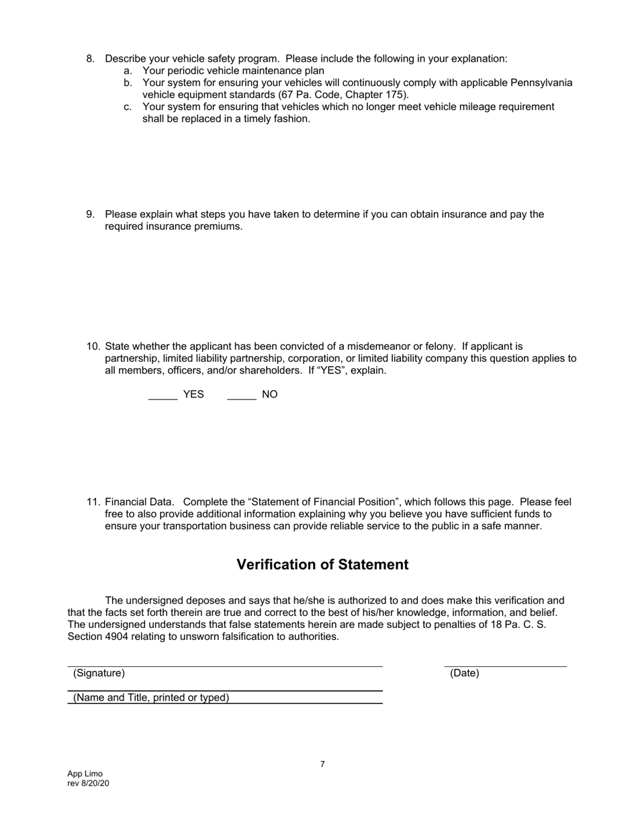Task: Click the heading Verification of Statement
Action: (x=322, y=565)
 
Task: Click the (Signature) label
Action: (x=99, y=673)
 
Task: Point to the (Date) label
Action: (x=464, y=673)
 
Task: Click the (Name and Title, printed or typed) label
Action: (x=151, y=697)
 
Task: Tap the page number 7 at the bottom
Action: (x=322, y=764)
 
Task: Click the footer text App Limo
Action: (x=85, y=774)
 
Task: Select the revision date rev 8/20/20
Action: (x=88, y=783)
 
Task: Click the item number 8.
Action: (x=91, y=58)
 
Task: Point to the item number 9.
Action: (x=91, y=214)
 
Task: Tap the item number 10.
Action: (x=93, y=347)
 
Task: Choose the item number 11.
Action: (x=93, y=502)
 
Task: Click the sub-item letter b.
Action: (x=128, y=83)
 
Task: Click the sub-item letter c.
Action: (x=128, y=107)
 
